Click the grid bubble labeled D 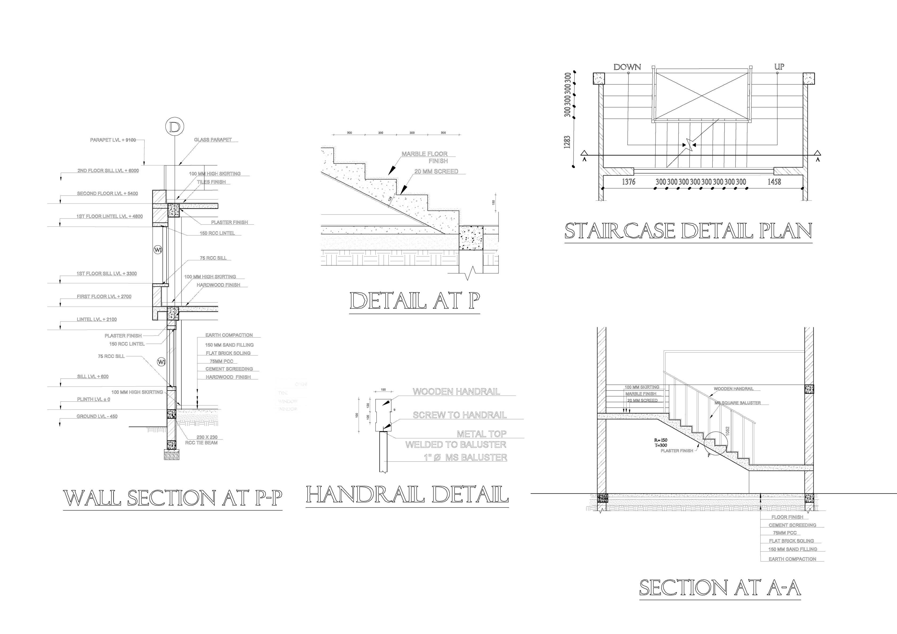pyautogui.click(x=174, y=127)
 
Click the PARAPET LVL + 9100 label pyautogui.click(x=113, y=140)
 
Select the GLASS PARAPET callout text pyautogui.click(x=213, y=140)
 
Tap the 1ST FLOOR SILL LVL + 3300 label pyautogui.click(x=107, y=273)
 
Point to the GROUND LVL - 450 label pyautogui.click(x=97, y=416)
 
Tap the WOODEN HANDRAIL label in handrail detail pyautogui.click(x=456, y=391)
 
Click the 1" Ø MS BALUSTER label pyautogui.click(x=465, y=457)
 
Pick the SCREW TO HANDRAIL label pyautogui.click(x=460, y=415)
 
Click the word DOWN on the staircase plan pyautogui.click(x=627, y=67)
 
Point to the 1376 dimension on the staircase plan pyautogui.click(x=629, y=182)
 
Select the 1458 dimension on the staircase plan pyautogui.click(x=774, y=182)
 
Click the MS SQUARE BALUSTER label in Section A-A pyautogui.click(x=738, y=403)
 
